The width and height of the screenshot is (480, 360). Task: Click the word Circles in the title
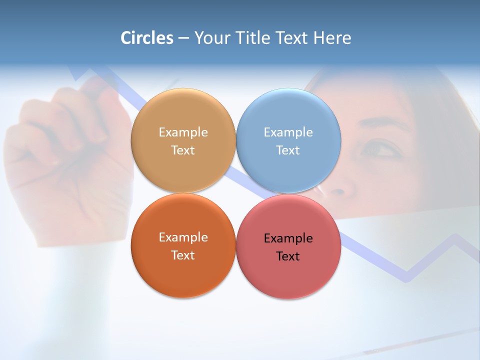[146, 38]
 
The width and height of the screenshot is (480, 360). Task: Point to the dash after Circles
[183, 38]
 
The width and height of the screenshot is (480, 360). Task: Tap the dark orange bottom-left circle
[183, 272]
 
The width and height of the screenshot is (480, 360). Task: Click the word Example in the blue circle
[288, 132]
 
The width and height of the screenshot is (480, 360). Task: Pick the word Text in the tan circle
[183, 150]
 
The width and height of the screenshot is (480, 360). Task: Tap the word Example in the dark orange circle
[183, 237]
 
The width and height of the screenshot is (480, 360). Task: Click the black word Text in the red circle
[288, 256]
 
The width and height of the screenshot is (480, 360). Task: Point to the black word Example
[288, 238]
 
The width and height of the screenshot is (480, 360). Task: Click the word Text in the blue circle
[288, 150]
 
